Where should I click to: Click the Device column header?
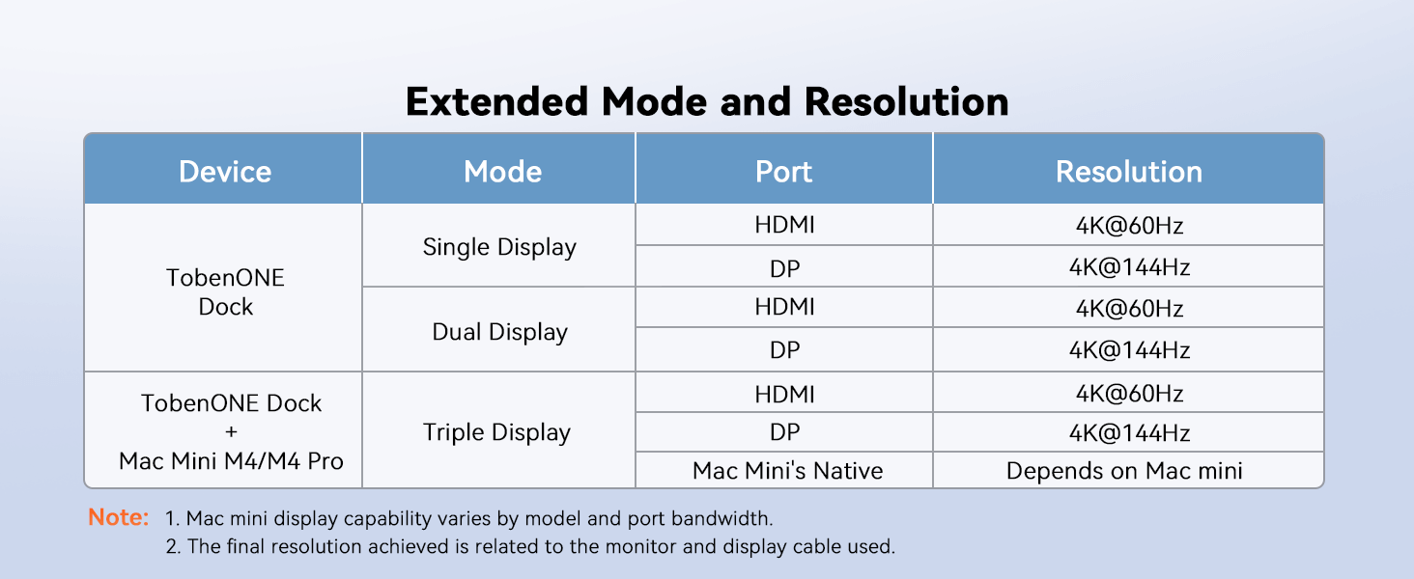[225, 172]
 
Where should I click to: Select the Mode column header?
[502, 172]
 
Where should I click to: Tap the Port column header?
[783, 172]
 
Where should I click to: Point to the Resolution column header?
[1129, 172]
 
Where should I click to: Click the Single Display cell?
[499, 247]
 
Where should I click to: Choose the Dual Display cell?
[499, 332]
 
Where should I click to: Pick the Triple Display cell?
[496, 432]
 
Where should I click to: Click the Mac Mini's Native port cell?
[787, 471]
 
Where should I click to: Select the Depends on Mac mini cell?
[1124, 471]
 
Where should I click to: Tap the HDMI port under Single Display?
[784, 225]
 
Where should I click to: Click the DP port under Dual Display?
[784, 350]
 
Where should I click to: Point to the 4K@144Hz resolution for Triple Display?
[1129, 433]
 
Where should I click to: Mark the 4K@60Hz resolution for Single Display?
[1129, 225]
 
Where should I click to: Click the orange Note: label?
[119, 517]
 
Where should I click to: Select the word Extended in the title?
[496, 101]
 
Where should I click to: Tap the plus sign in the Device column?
[231, 432]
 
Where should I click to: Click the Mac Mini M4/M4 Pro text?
[231, 461]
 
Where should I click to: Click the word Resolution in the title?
[907, 101]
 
